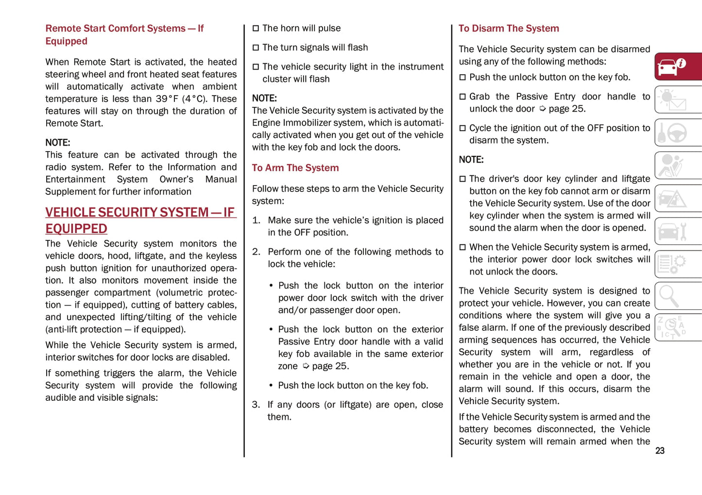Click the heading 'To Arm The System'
pyautogui.click(x=295, y=168)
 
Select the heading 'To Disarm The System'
pyautogui.click(x=509, y=29)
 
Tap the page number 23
pyautogui.click(x=659, y=451)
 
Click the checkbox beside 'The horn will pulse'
pyautogui.click(x=256, y=29)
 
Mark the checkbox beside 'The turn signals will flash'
pyautogui.click(x=256, y=48)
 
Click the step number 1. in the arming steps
pyautogui.click(x=256, y=221)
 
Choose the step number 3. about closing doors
pyautogui.click(x=256, y=405)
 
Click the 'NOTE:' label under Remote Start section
pyautogui.click(x=58, y=143)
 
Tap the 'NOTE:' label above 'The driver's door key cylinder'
pyautogui.click(x=471, y=160)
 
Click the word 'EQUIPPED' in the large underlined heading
pyautogui.click(x=76, y=229)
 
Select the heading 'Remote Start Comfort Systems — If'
pyautogui.click(x=124, y=29)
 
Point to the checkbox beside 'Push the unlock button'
pyautogui.click(x=462, y=77)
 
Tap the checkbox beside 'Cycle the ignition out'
pyautogui.click(x=462, y=128)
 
